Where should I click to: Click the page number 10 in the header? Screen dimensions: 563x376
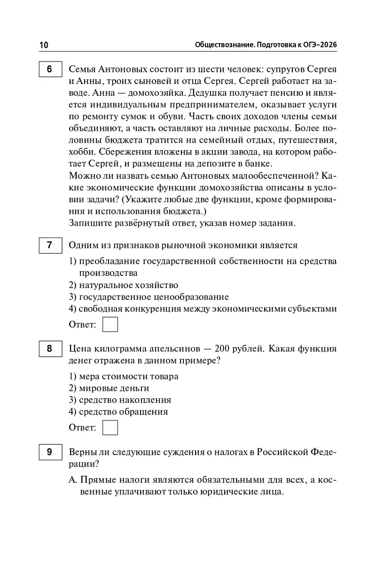(43, 45)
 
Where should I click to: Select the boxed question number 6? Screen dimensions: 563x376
(49, 69)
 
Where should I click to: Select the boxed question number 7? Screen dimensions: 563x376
(49, 245)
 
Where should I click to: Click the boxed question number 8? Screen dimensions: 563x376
(49, 349)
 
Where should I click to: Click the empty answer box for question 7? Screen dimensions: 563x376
(110, 325)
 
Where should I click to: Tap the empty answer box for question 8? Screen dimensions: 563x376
(110, 428)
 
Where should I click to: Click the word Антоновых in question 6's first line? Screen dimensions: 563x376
(119, 69)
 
